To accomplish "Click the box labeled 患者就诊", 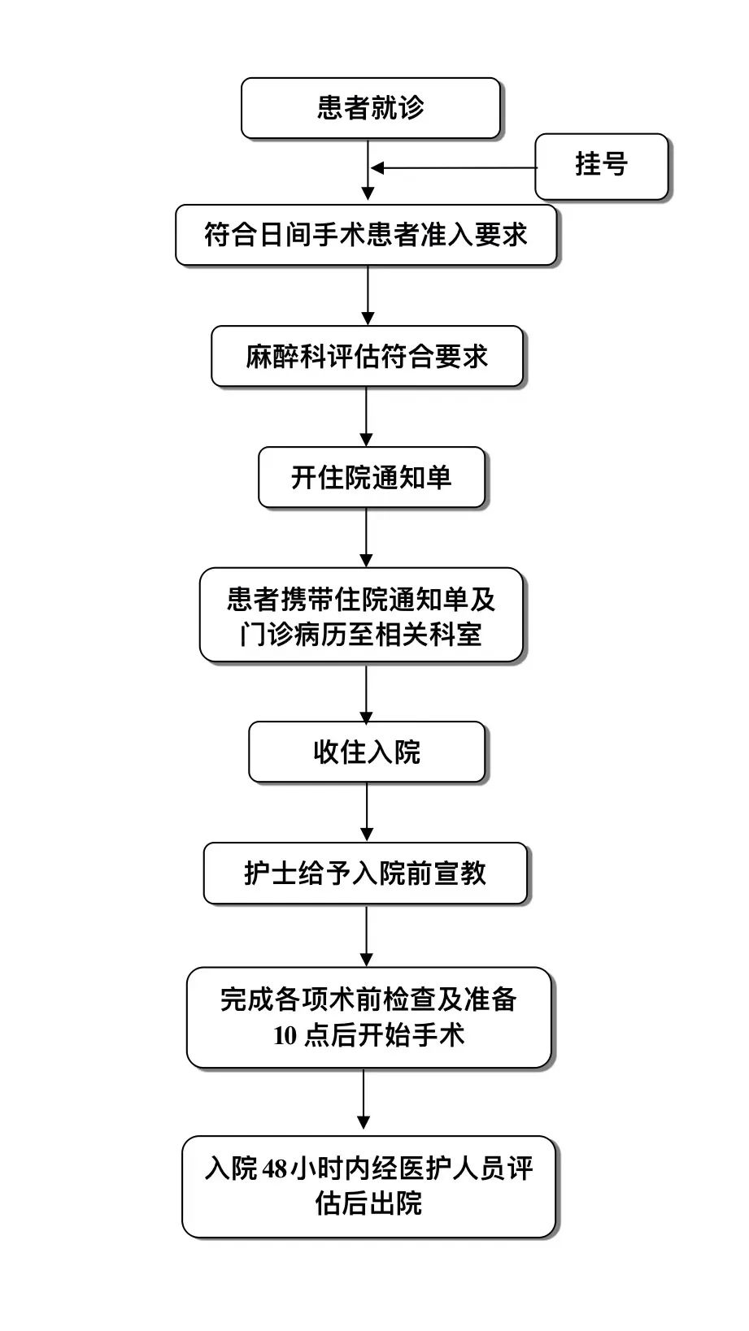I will (x=370, y=108).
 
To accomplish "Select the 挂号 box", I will (x=601, y=165).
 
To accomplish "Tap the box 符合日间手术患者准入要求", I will (x=366, y=236).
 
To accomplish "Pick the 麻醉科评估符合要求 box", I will (x=367, y=357).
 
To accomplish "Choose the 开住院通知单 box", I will (x=372, y=478).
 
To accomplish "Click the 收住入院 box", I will (x=367, y=752).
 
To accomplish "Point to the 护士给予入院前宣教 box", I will (x=365, y=874).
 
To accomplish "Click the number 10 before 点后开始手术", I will (x=285, y=1036).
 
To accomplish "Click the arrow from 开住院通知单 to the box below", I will (x=366, y=537).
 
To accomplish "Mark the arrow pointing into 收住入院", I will (x=366, y=692).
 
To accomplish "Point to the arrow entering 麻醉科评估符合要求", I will (x=368, y=296).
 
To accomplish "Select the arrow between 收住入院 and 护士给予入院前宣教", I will (x=367, y=812).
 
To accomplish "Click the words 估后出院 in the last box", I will (x=368, y=1203).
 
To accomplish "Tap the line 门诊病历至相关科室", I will (x=361, y=635).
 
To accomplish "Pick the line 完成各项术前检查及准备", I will (x=368, y=999).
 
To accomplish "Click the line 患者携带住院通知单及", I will (x=361, y=600).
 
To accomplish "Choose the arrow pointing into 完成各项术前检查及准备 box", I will (x=367, y=935).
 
